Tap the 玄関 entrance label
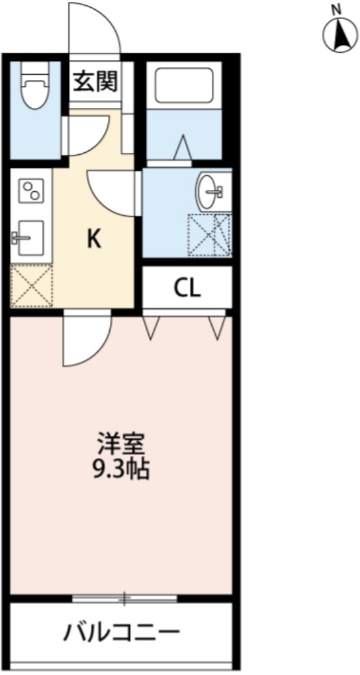click(95, 82)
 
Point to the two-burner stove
click(31, 190)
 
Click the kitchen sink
click(27, 239)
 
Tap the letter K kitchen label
click(94, 240)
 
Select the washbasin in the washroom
click(211, 191)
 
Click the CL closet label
click(186, 287)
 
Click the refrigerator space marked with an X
click(32, 285)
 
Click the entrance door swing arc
click(96, 26)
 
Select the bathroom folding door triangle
click(183, 147)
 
